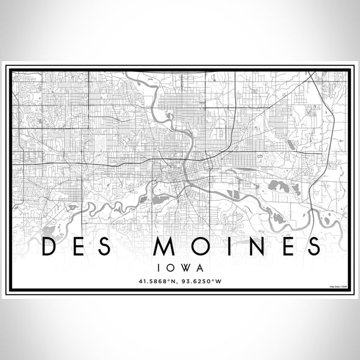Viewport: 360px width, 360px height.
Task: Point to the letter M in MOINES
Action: click(x=163, y=246)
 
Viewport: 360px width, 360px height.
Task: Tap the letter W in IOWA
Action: click(x=185, y=265)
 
